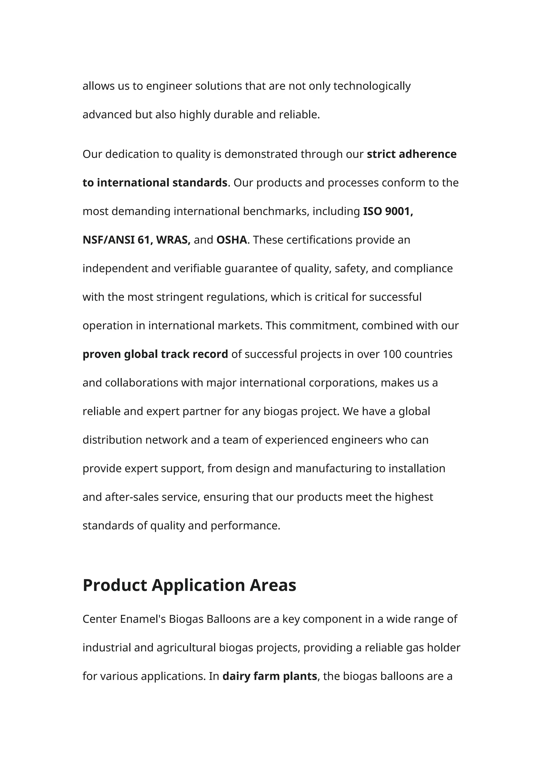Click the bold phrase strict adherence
click(x=411, y=154)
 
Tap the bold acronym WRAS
click(x=173, y=240)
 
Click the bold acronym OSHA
click(x=232, y=240)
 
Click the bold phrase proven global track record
click(x=155, y=354)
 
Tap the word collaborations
click(x=141, y=383)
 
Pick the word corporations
click(x=342, y=383)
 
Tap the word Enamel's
click(x=143, y=619)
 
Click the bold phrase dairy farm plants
click(x=270, y=676)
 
